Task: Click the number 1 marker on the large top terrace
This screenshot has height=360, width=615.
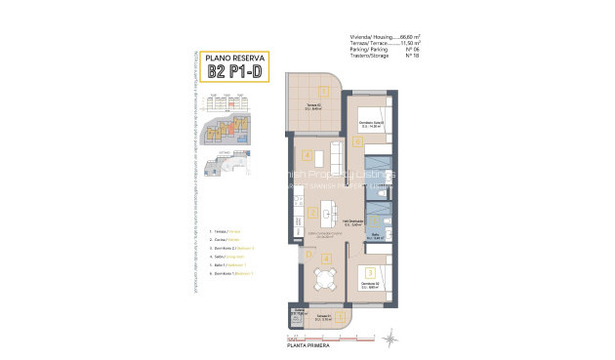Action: click(x=323, y=91)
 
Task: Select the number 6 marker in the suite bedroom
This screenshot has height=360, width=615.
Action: click(x=358, y=142)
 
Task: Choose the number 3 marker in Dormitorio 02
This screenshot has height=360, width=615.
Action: click(x=368, y=273)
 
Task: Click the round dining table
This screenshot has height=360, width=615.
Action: click(x=324, y=278)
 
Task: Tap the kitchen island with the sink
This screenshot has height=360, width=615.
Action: click(x=326, y=209)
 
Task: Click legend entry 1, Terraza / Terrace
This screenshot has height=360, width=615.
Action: click(x=227, y=231)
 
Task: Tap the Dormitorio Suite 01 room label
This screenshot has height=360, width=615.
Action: click(x=370, y=122)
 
